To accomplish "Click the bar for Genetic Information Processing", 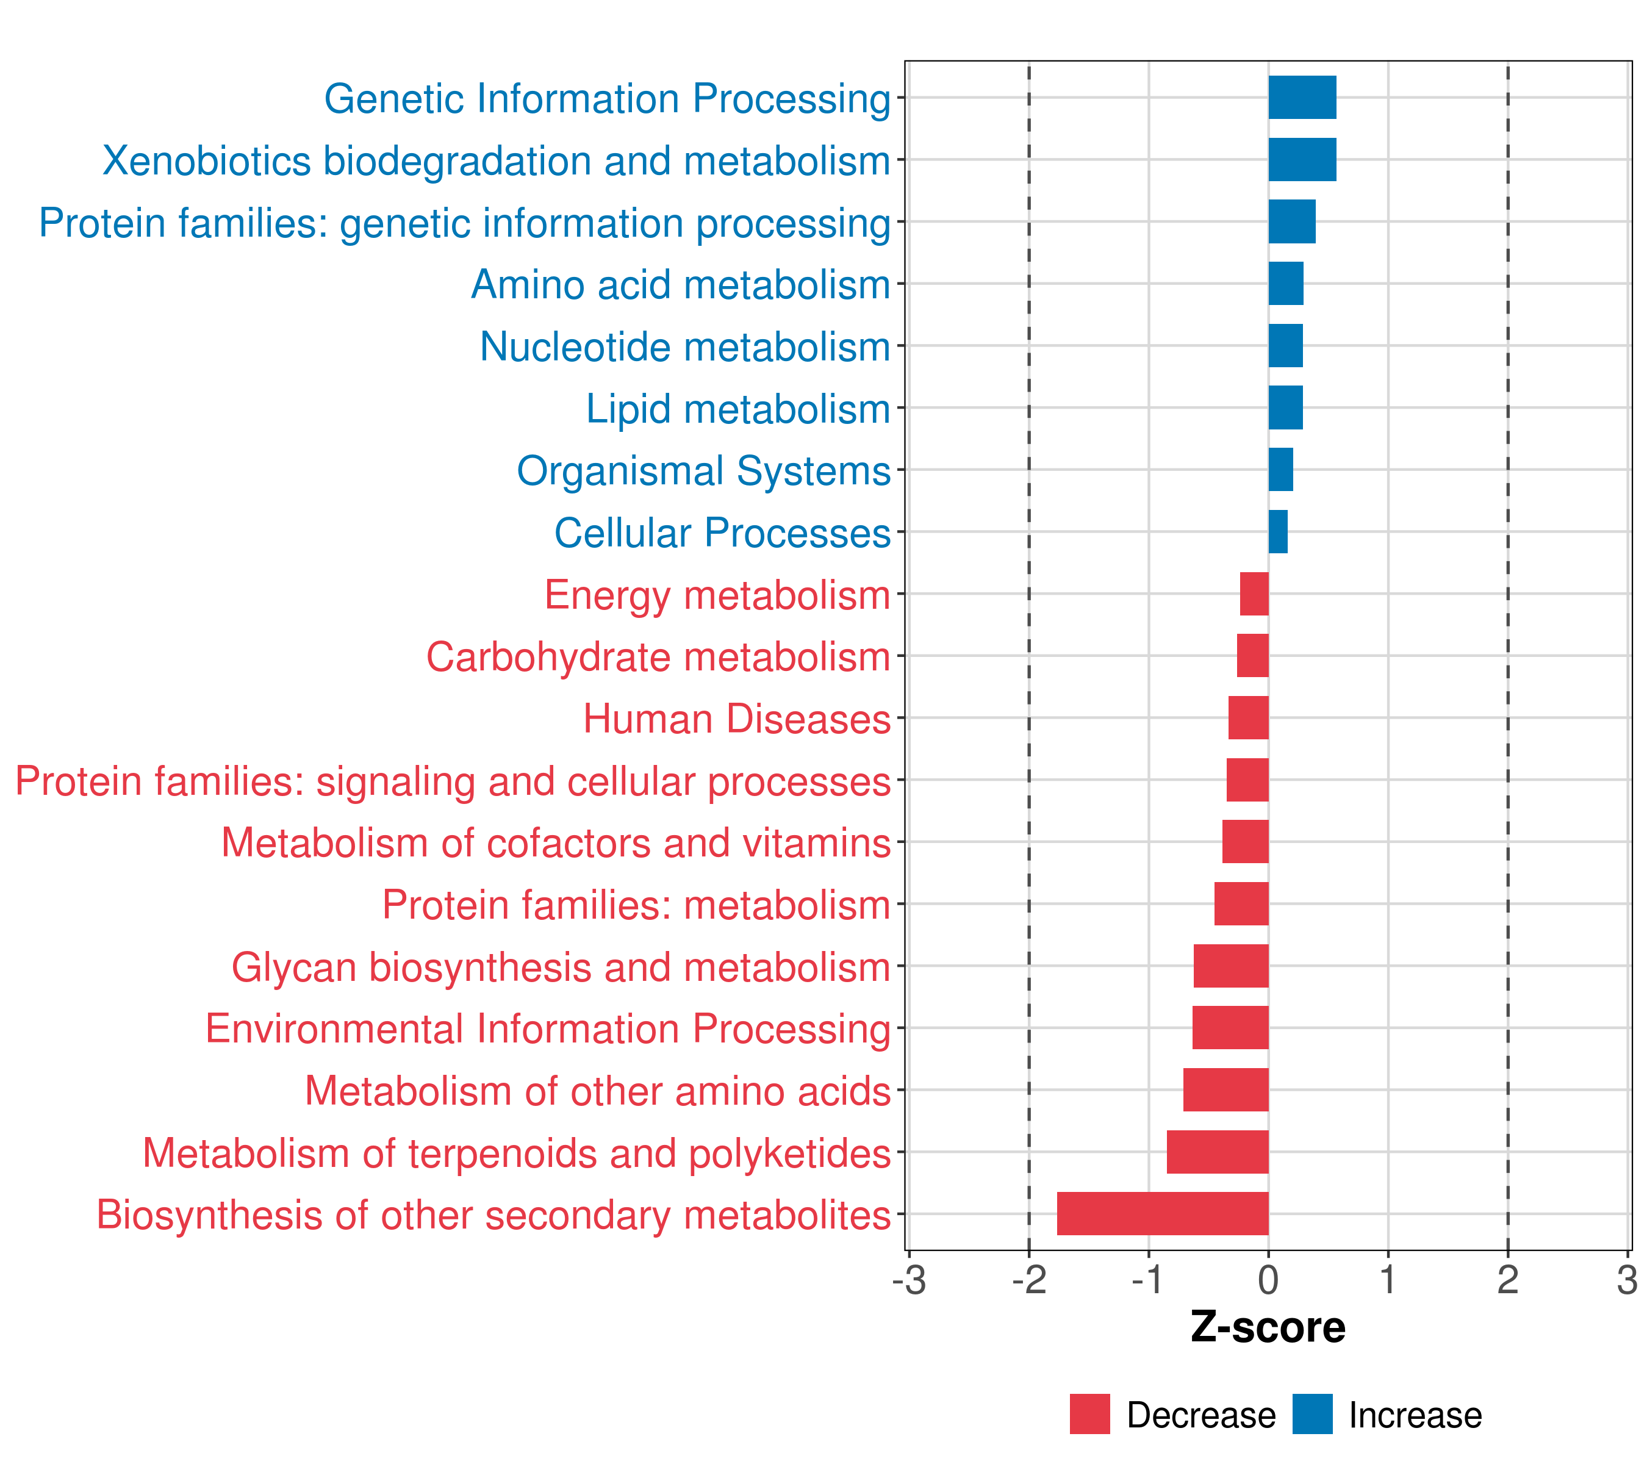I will (1302, 98).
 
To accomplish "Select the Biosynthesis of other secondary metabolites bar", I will (1163, 1213).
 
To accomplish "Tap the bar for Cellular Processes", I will (1278, 532).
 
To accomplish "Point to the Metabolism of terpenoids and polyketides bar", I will (1218, 1152).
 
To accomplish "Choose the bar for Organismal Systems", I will (1280, 470).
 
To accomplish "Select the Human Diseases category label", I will (736, 719).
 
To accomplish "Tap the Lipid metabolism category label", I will (737, 409).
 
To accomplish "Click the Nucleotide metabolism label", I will (685, 347).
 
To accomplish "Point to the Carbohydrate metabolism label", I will (658, 656).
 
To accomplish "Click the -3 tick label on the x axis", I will (909, 1280).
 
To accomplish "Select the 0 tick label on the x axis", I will (1268, 1280).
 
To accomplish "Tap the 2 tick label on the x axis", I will (1507, 1280).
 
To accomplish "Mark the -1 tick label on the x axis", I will (1148, 1280).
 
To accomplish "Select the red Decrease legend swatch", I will (1089, 1414).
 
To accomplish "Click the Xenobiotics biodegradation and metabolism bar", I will (1302, 160).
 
